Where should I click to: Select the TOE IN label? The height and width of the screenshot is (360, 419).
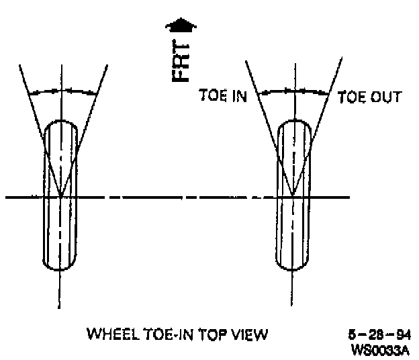point(223,96)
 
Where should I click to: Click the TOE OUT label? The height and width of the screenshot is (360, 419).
point(369,96)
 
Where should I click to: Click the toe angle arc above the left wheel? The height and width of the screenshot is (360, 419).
point(61,91)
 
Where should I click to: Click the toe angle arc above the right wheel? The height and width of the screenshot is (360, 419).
point(293,91)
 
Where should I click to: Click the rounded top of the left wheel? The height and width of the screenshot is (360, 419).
point(61,122)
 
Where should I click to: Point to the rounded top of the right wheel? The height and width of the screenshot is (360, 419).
point(293,122)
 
